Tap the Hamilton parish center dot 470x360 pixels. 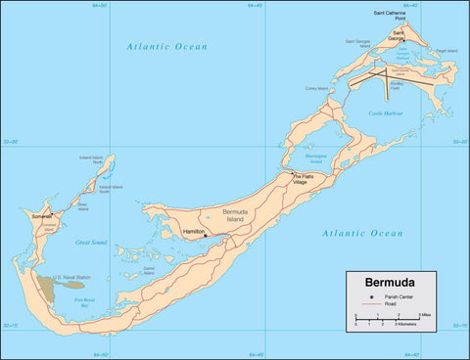click(x=205, y=235)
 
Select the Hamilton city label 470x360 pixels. click(x=192, y=232)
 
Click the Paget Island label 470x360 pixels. click(x=446, y=49)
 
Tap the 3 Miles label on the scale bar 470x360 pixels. click(x=424, y=314)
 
